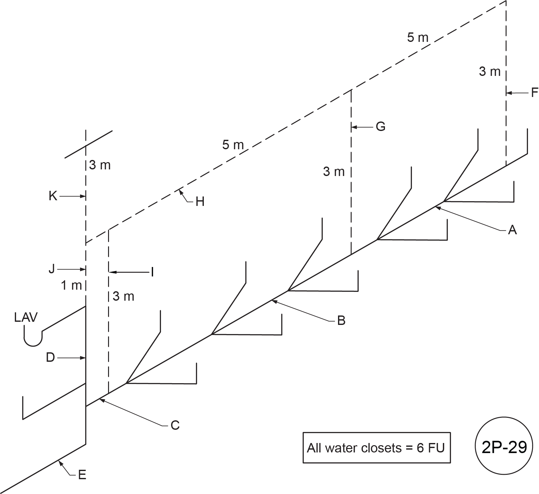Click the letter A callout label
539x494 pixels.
click(513, 230)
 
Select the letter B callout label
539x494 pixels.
click(341, 321)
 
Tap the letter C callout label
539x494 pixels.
click(175, 425)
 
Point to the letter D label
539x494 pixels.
click(50, 358)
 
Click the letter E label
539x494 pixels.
click(82, 475)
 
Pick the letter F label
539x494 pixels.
click(534, 93)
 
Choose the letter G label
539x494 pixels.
click(381, 127)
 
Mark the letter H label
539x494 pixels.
click(200, 202)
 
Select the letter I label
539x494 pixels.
click(152, 272)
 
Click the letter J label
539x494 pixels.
click(52, 269)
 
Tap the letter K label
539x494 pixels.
click(53, 196)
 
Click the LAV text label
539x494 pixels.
click(26, 317)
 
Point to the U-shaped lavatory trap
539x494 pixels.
click(33, 338)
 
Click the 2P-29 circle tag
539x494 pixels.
click(504, 447)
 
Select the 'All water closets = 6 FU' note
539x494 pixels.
click(376, 448)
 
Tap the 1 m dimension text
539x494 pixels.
click(72, 286)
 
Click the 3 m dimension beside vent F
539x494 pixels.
click(490, 72)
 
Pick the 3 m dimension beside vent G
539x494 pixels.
click(334, 172)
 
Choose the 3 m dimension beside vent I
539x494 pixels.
click(123, 296)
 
